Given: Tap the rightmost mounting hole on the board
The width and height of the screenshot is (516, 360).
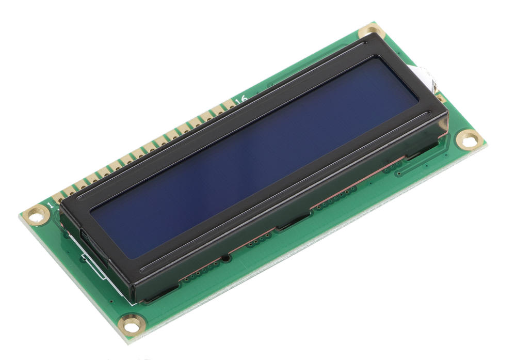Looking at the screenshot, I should coord(469,139).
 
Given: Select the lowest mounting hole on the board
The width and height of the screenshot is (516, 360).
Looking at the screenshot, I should coord(131,324).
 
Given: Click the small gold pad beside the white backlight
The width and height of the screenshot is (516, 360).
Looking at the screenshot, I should coord(440,97).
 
